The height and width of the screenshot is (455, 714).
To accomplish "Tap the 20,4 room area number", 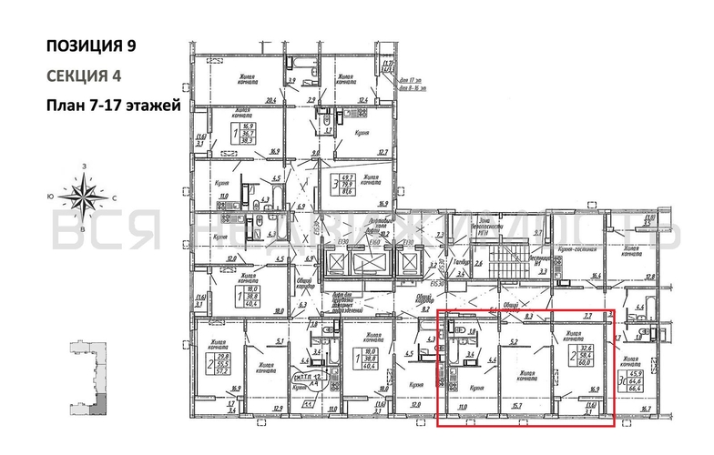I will [x=270, y=100].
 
